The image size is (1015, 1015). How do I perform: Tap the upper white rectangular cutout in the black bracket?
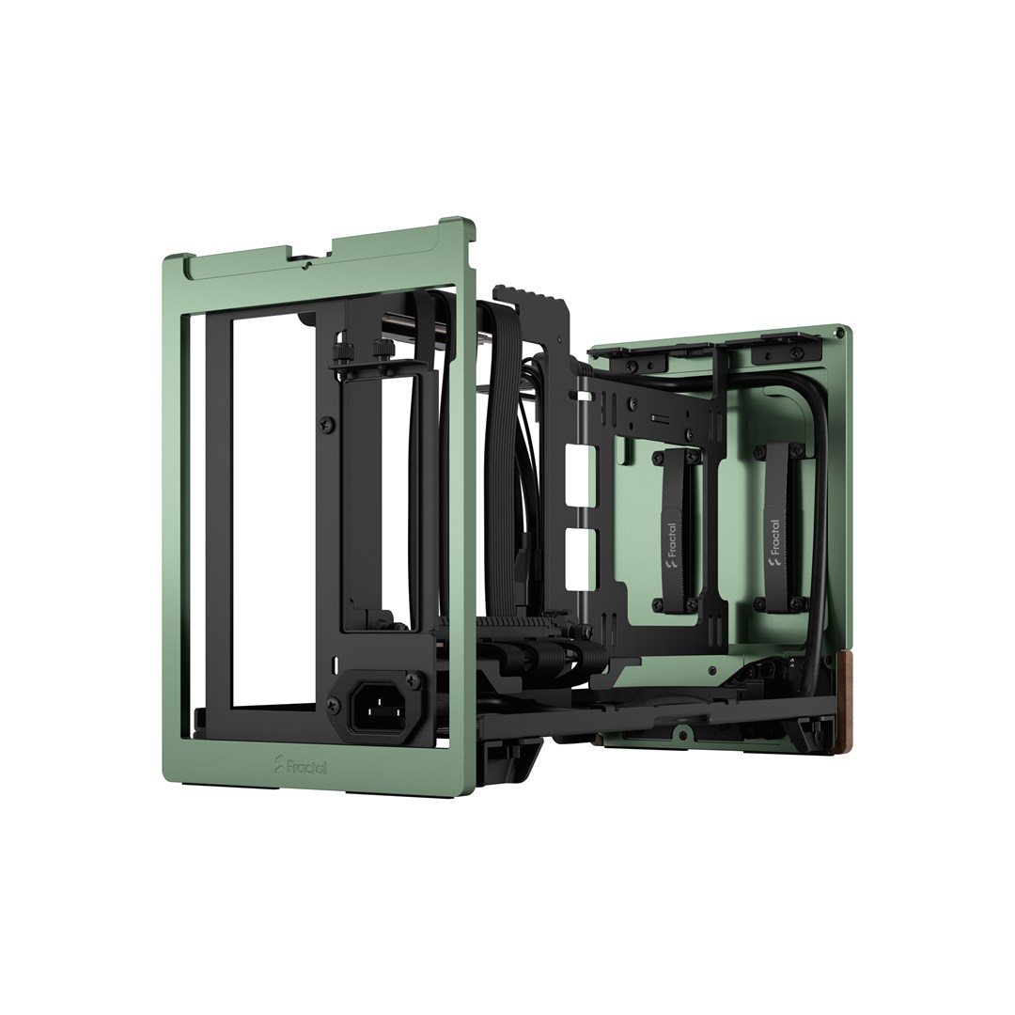click(x=572, y=458)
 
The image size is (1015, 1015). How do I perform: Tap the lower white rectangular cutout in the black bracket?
click(x=572, y=548)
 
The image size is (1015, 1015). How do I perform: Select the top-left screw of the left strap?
click(x=651, y=460)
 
